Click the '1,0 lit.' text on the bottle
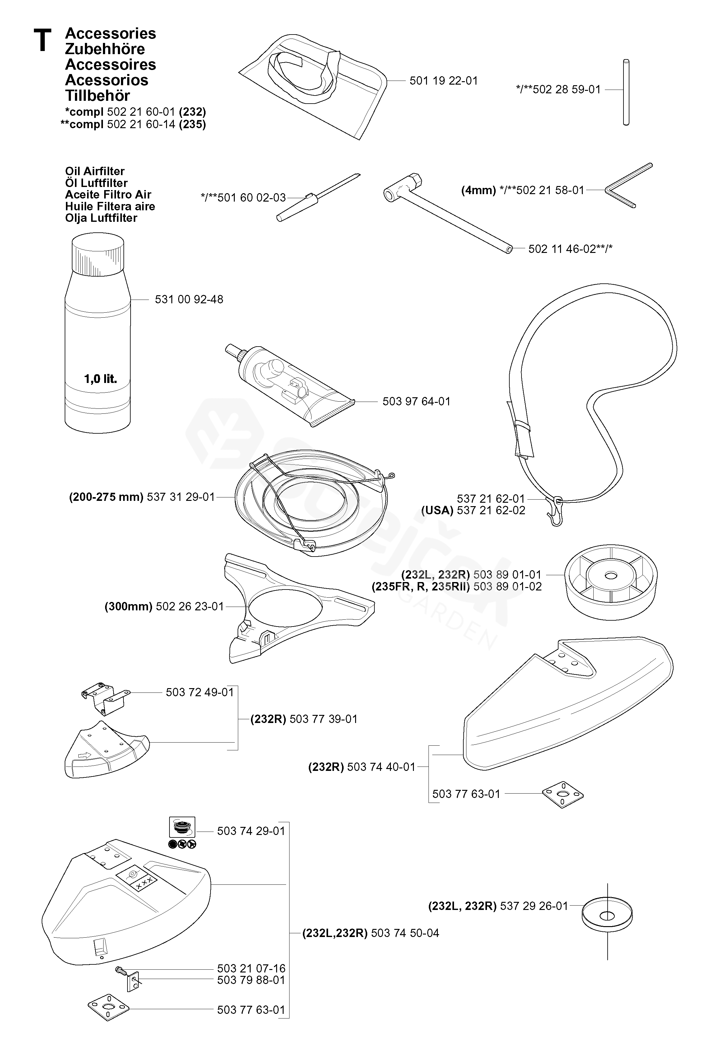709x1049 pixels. point(100,379)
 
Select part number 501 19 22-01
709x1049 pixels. point(443,81)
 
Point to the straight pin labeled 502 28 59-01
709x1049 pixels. point(626,92)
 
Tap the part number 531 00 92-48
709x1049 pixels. point(189,300)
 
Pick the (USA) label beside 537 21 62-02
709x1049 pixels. point(437,511)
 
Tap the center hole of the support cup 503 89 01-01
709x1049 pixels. point(611,576)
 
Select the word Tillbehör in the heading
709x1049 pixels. point(97,96)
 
